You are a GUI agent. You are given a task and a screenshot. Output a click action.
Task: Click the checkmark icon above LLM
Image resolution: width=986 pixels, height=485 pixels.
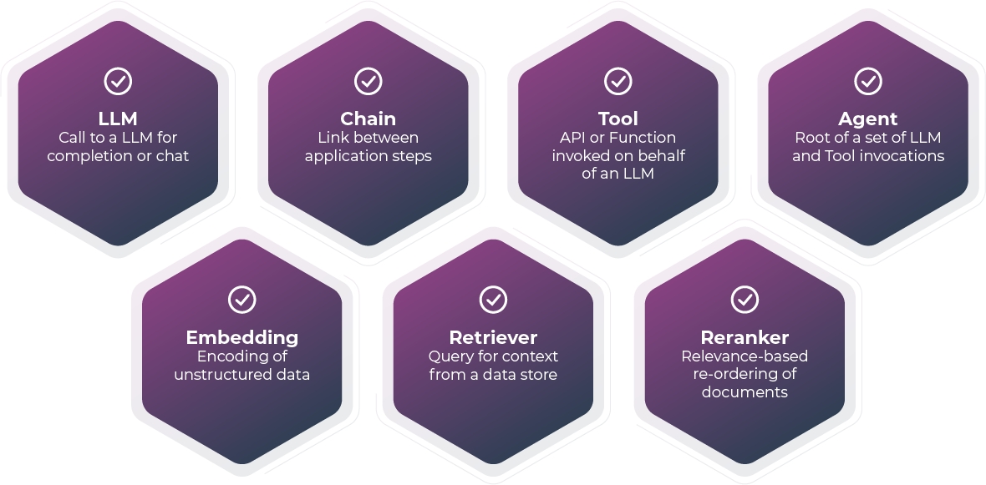118,81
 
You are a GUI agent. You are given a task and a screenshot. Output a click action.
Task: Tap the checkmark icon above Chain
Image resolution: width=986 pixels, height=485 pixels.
368,81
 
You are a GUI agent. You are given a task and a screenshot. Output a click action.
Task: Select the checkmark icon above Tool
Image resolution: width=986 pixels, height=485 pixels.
618,81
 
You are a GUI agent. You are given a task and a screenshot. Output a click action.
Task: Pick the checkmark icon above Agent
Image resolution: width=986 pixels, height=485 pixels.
867,81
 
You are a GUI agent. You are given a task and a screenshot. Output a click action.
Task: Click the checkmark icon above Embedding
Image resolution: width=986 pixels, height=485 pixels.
241,299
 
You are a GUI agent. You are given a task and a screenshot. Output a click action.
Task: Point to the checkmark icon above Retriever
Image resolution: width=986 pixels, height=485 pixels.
493,299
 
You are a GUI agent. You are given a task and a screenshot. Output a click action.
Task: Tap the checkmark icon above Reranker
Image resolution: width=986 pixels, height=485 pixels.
744,299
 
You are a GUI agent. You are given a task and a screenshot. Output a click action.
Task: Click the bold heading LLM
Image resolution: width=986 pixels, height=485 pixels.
118,119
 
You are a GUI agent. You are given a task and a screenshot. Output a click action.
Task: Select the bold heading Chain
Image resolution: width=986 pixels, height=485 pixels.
368,119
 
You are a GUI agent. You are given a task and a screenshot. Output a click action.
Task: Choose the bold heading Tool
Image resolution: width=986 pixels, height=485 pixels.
618,119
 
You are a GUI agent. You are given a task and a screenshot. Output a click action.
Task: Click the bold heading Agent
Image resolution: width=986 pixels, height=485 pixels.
867,119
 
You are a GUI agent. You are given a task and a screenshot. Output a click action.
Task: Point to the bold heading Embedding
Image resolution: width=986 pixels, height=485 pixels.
241,337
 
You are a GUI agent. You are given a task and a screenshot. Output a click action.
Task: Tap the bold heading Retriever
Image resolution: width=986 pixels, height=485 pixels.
493,337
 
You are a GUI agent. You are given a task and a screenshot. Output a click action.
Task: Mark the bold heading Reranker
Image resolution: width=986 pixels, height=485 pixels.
744,337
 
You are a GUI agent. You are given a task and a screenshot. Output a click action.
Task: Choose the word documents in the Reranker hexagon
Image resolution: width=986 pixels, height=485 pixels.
744,392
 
